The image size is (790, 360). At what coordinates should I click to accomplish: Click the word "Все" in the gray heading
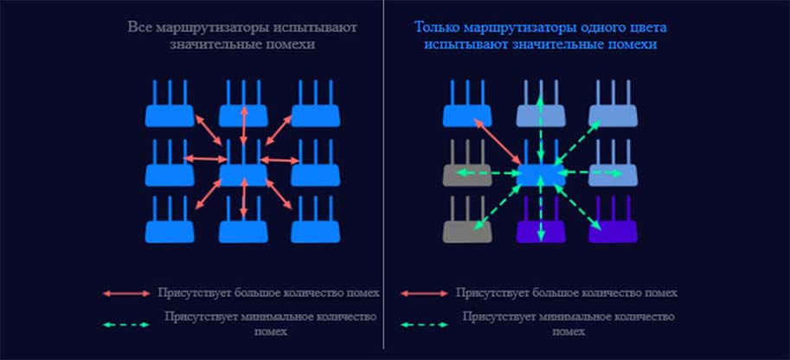pyautogui.click(x=140, y=27)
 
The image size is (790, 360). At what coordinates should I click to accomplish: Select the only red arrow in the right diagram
pyautogui.click(x=498, y=141)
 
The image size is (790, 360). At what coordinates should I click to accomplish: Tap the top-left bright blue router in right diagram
pyautogui.click(x=467, y=103)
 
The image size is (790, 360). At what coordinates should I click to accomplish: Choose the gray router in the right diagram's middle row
pyautogui.click(x=467, y=163)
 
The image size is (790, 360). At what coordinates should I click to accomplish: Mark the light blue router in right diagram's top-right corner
pyautogui.click(x=613, y=103)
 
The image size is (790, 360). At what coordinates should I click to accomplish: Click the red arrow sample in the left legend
pyautogui.click(x=126, y=293)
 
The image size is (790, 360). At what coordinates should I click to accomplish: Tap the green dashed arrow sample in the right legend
pyautogui.click(x=424, y=325)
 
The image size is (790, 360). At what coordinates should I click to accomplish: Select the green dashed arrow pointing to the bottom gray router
pyautogui.click(x=498, y=206)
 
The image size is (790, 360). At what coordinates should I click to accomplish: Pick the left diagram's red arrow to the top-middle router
pyautogui.click(x=244, y=126)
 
